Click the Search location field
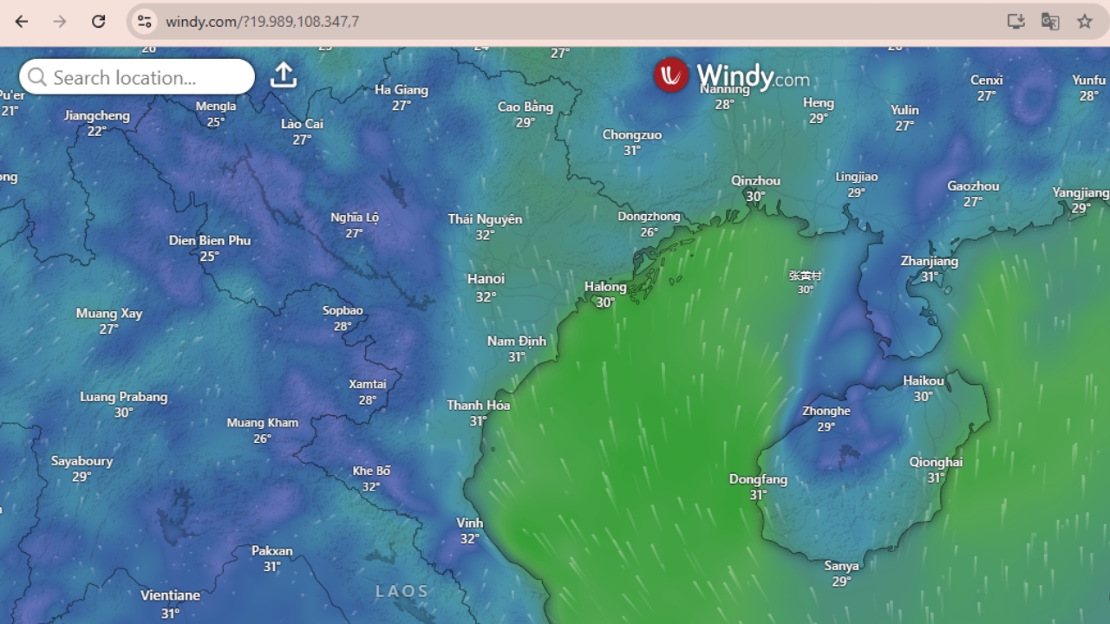[137, 77]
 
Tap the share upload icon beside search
[284, 75]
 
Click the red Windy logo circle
[670, 75]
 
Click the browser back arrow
[22, 22]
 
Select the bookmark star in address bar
[1084, 22]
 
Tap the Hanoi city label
[486, 279]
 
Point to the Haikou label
[923, 380]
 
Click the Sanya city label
[841, 566]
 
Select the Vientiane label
[170, 595]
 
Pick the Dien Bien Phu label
[209, 240]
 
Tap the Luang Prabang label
[124, 397]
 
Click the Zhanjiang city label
[929, 261]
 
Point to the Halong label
[605, 287]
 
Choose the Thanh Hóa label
[478, 405]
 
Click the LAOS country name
[402, 591]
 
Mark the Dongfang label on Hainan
[758, 479]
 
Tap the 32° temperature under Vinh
[469, 539]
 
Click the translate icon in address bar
[1049, 22]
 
